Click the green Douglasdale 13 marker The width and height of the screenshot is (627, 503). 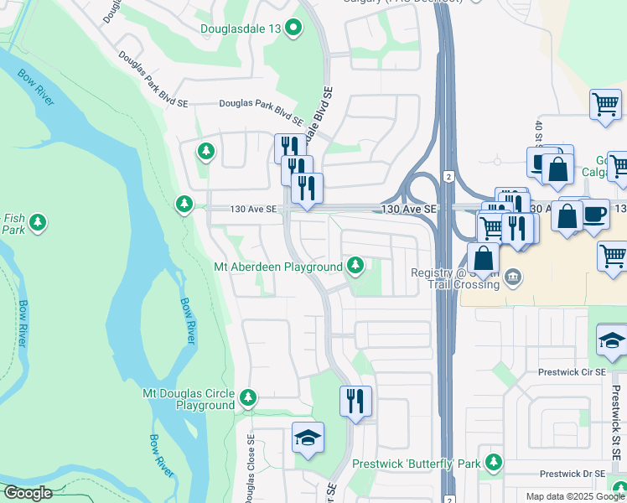tap(293, 29)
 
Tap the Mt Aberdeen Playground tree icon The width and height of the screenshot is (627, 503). tap(355, 267)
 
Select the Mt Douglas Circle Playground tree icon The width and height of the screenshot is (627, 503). tap(247, 397)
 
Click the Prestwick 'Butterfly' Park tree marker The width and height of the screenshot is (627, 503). tap(494, 462)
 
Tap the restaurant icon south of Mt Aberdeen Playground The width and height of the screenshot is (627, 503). tap(355, 400)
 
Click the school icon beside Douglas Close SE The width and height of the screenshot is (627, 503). tap(308, 438)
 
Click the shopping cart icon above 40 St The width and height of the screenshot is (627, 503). tap(604, 106)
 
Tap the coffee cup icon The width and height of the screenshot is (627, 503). tap(594, 214)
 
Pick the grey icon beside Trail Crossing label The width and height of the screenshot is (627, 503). tap(516, 276)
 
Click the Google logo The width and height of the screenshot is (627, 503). tap(27, 493)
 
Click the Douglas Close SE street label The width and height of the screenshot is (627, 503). tap(251, 466)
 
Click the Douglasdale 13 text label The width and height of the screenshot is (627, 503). tap(240, 29)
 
